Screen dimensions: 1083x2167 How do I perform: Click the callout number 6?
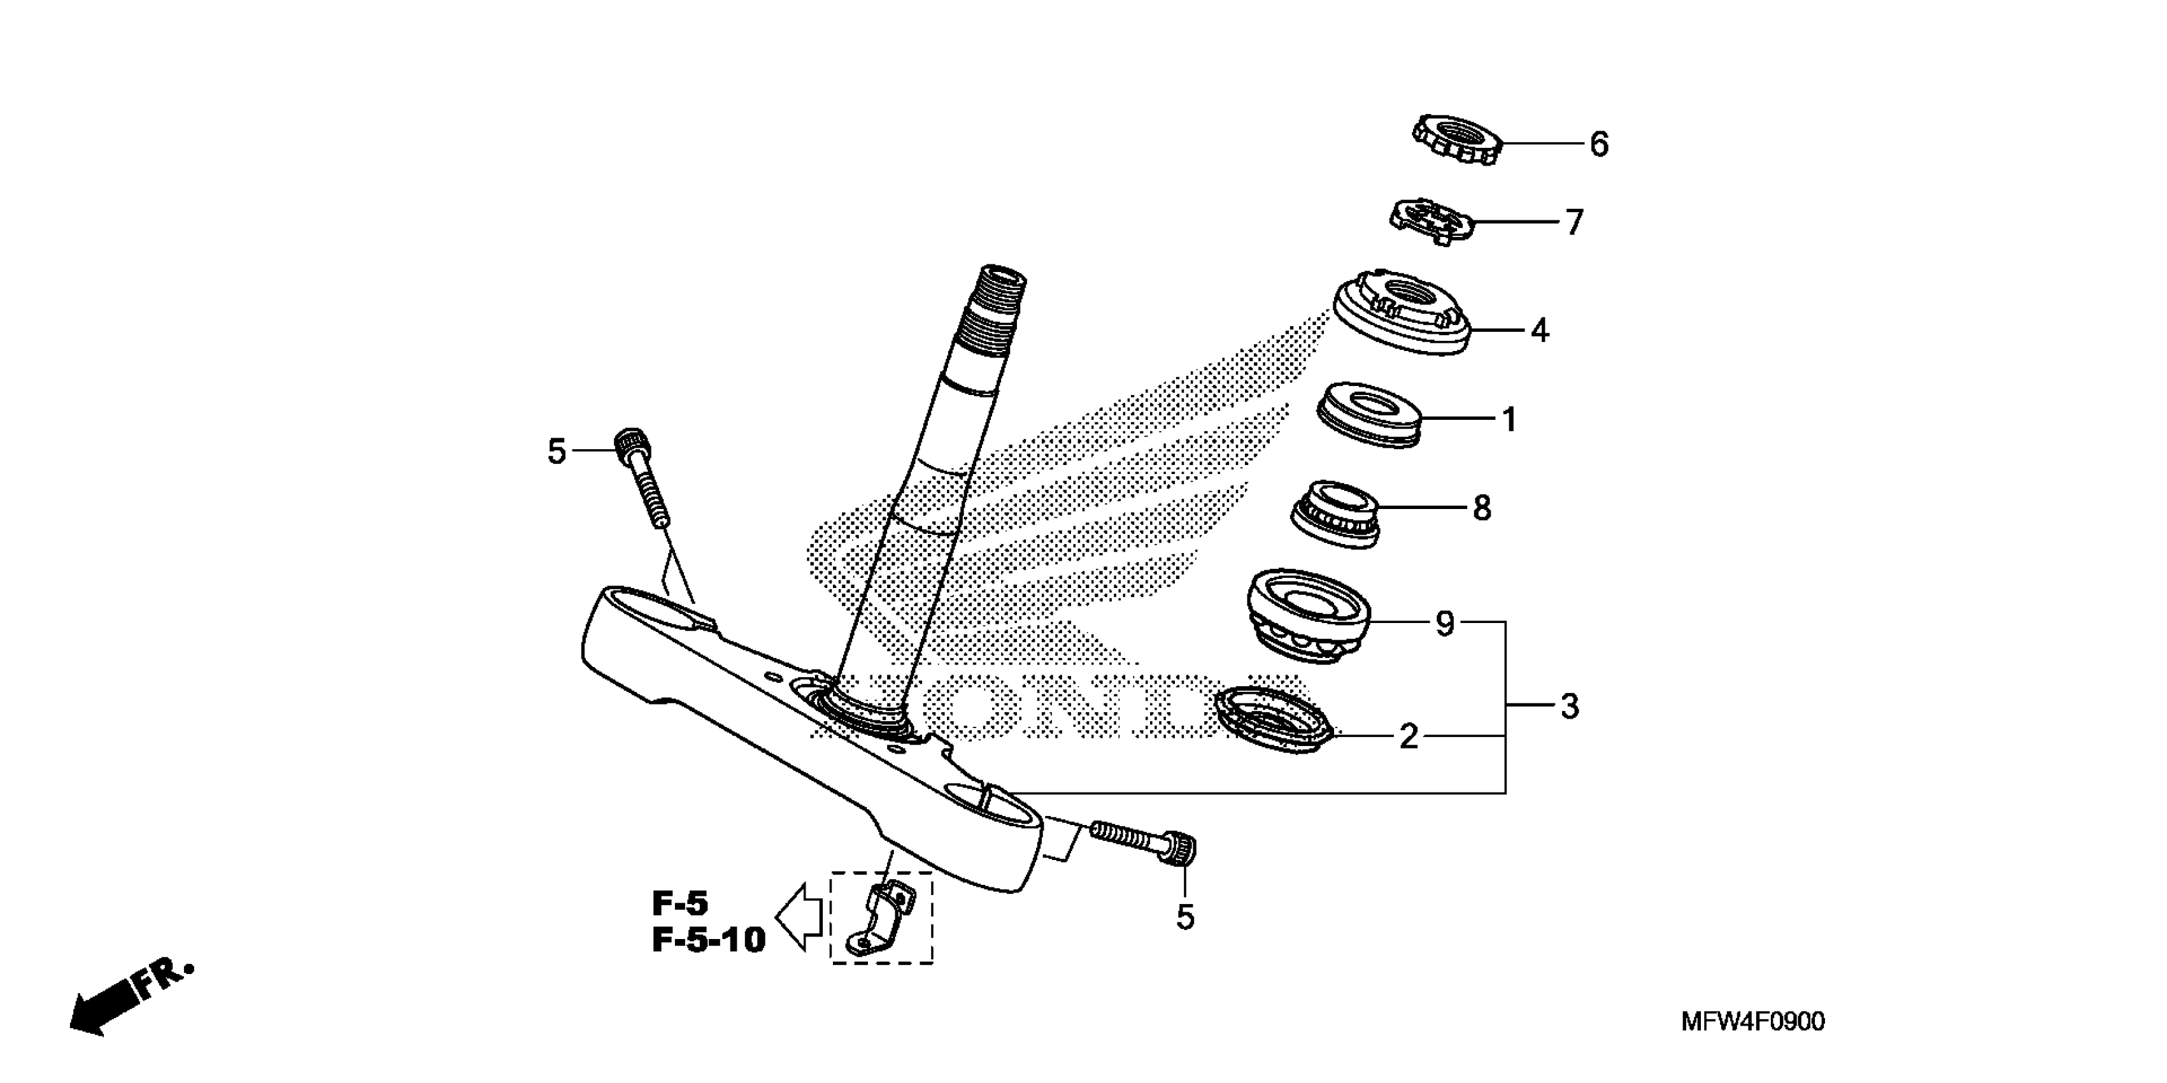(x=1599, y=145)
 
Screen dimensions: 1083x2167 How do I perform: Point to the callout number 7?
(x=1574, y=223)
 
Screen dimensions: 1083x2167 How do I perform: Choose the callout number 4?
(x=1540, y=331)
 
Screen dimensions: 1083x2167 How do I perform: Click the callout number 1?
(x=1509, y=419)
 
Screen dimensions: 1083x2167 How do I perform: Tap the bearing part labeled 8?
(x=1336, y=513)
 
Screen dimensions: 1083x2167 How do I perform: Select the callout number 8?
(x=1482, y=508)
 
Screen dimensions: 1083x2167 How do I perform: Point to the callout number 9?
(x=1444, y=624)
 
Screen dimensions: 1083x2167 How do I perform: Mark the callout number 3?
(x=1570, y=707)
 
